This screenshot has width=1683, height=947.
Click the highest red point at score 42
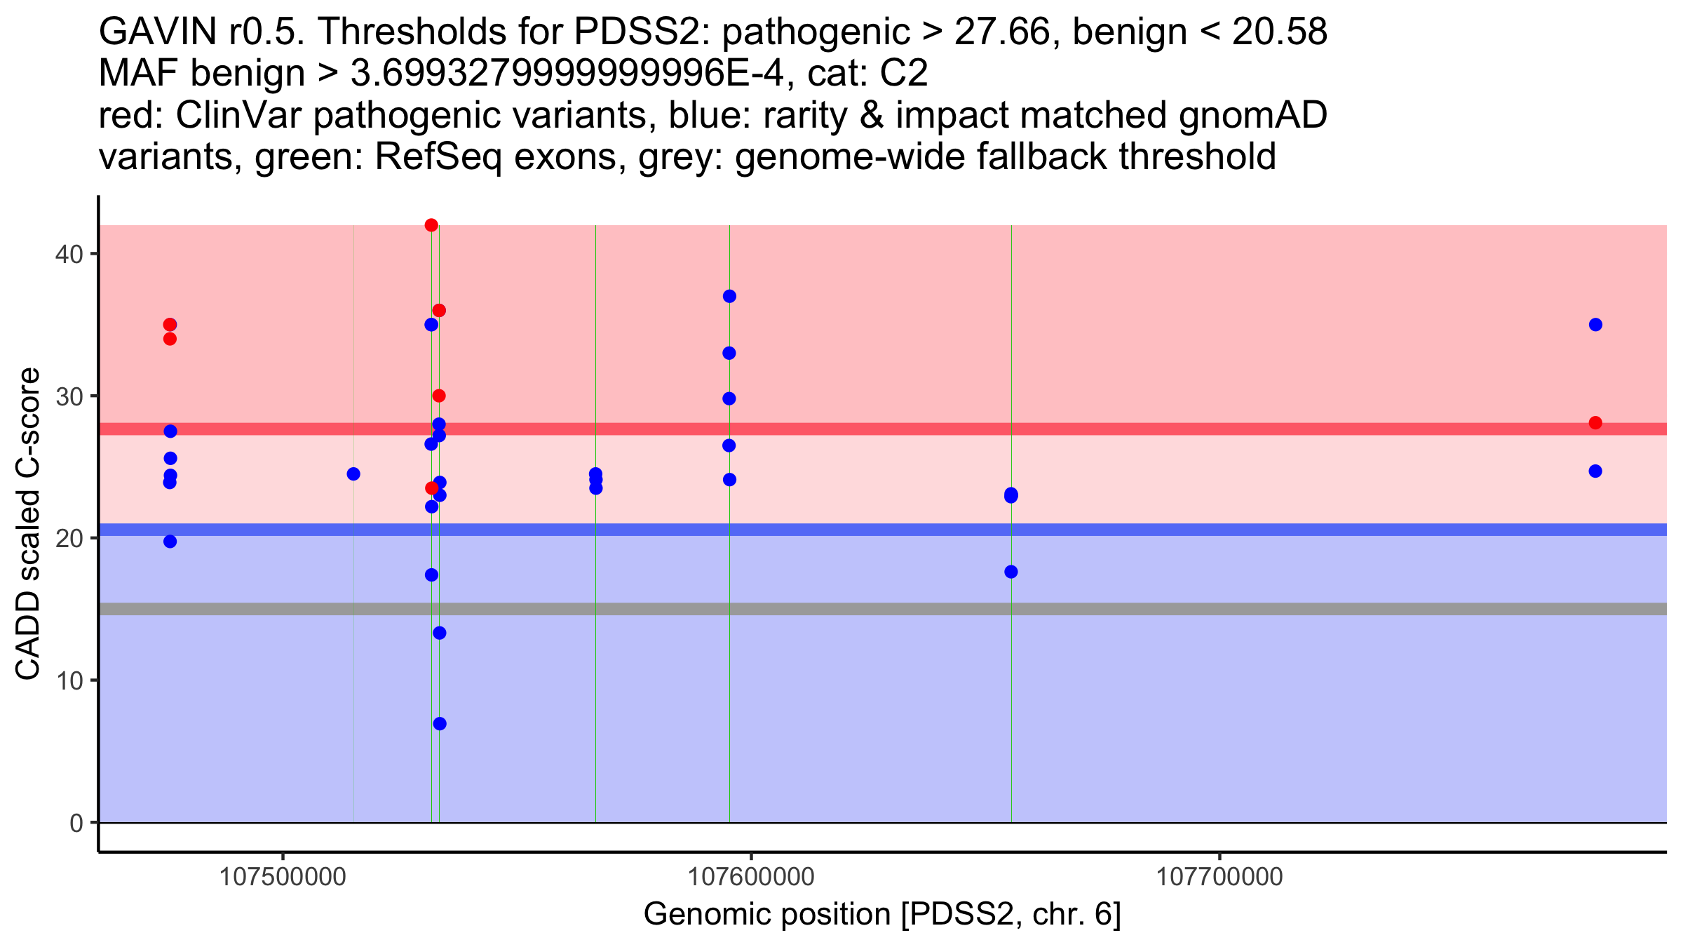coord(431,225)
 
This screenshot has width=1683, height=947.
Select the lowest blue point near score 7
coord(440,724)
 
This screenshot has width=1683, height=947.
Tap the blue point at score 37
coord(729,296)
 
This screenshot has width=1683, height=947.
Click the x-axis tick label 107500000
coord(283,877)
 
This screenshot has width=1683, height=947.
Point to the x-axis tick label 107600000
coord(751,877)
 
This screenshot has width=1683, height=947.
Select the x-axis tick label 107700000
coord(1219,877)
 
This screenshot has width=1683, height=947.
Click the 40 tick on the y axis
coord(68,254)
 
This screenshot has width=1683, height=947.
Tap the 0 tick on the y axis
coord(76,823)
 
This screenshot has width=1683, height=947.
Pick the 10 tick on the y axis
coord(68,680)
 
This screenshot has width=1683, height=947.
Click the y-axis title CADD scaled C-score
coord(28,524)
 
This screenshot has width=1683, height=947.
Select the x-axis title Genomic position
coord(881,915)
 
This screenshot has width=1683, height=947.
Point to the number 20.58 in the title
coord(1279,32)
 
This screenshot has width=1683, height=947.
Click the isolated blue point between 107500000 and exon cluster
coord(353,474)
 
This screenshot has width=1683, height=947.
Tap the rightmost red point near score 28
coord(1595,422)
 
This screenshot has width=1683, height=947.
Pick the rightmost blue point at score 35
coord(1595,325)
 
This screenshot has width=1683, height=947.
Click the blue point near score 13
coord(440,633)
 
